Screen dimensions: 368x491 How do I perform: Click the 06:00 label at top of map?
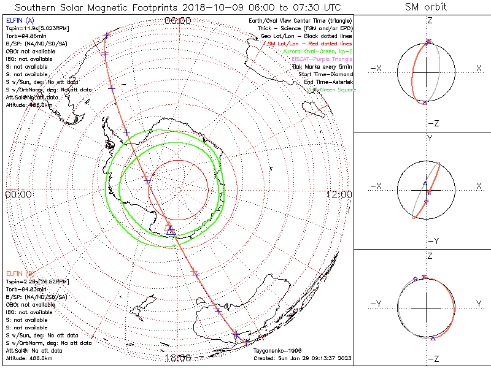pos(177,21)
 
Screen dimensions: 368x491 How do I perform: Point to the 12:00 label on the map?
pos(339,194)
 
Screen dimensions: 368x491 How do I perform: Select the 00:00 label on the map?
pos(18,194)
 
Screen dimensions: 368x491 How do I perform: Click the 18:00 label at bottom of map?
pos(177,358)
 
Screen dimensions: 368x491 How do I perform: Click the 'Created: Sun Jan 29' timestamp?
pos(303,358)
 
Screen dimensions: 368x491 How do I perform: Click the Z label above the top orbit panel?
pos(429,20)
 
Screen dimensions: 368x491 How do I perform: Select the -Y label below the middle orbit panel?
pos(429,240)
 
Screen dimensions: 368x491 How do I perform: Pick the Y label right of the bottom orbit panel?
pos(477,303)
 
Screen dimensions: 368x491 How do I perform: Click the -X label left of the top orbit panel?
pos(376,67)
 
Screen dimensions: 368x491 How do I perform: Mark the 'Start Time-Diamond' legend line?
pos(325,74)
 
